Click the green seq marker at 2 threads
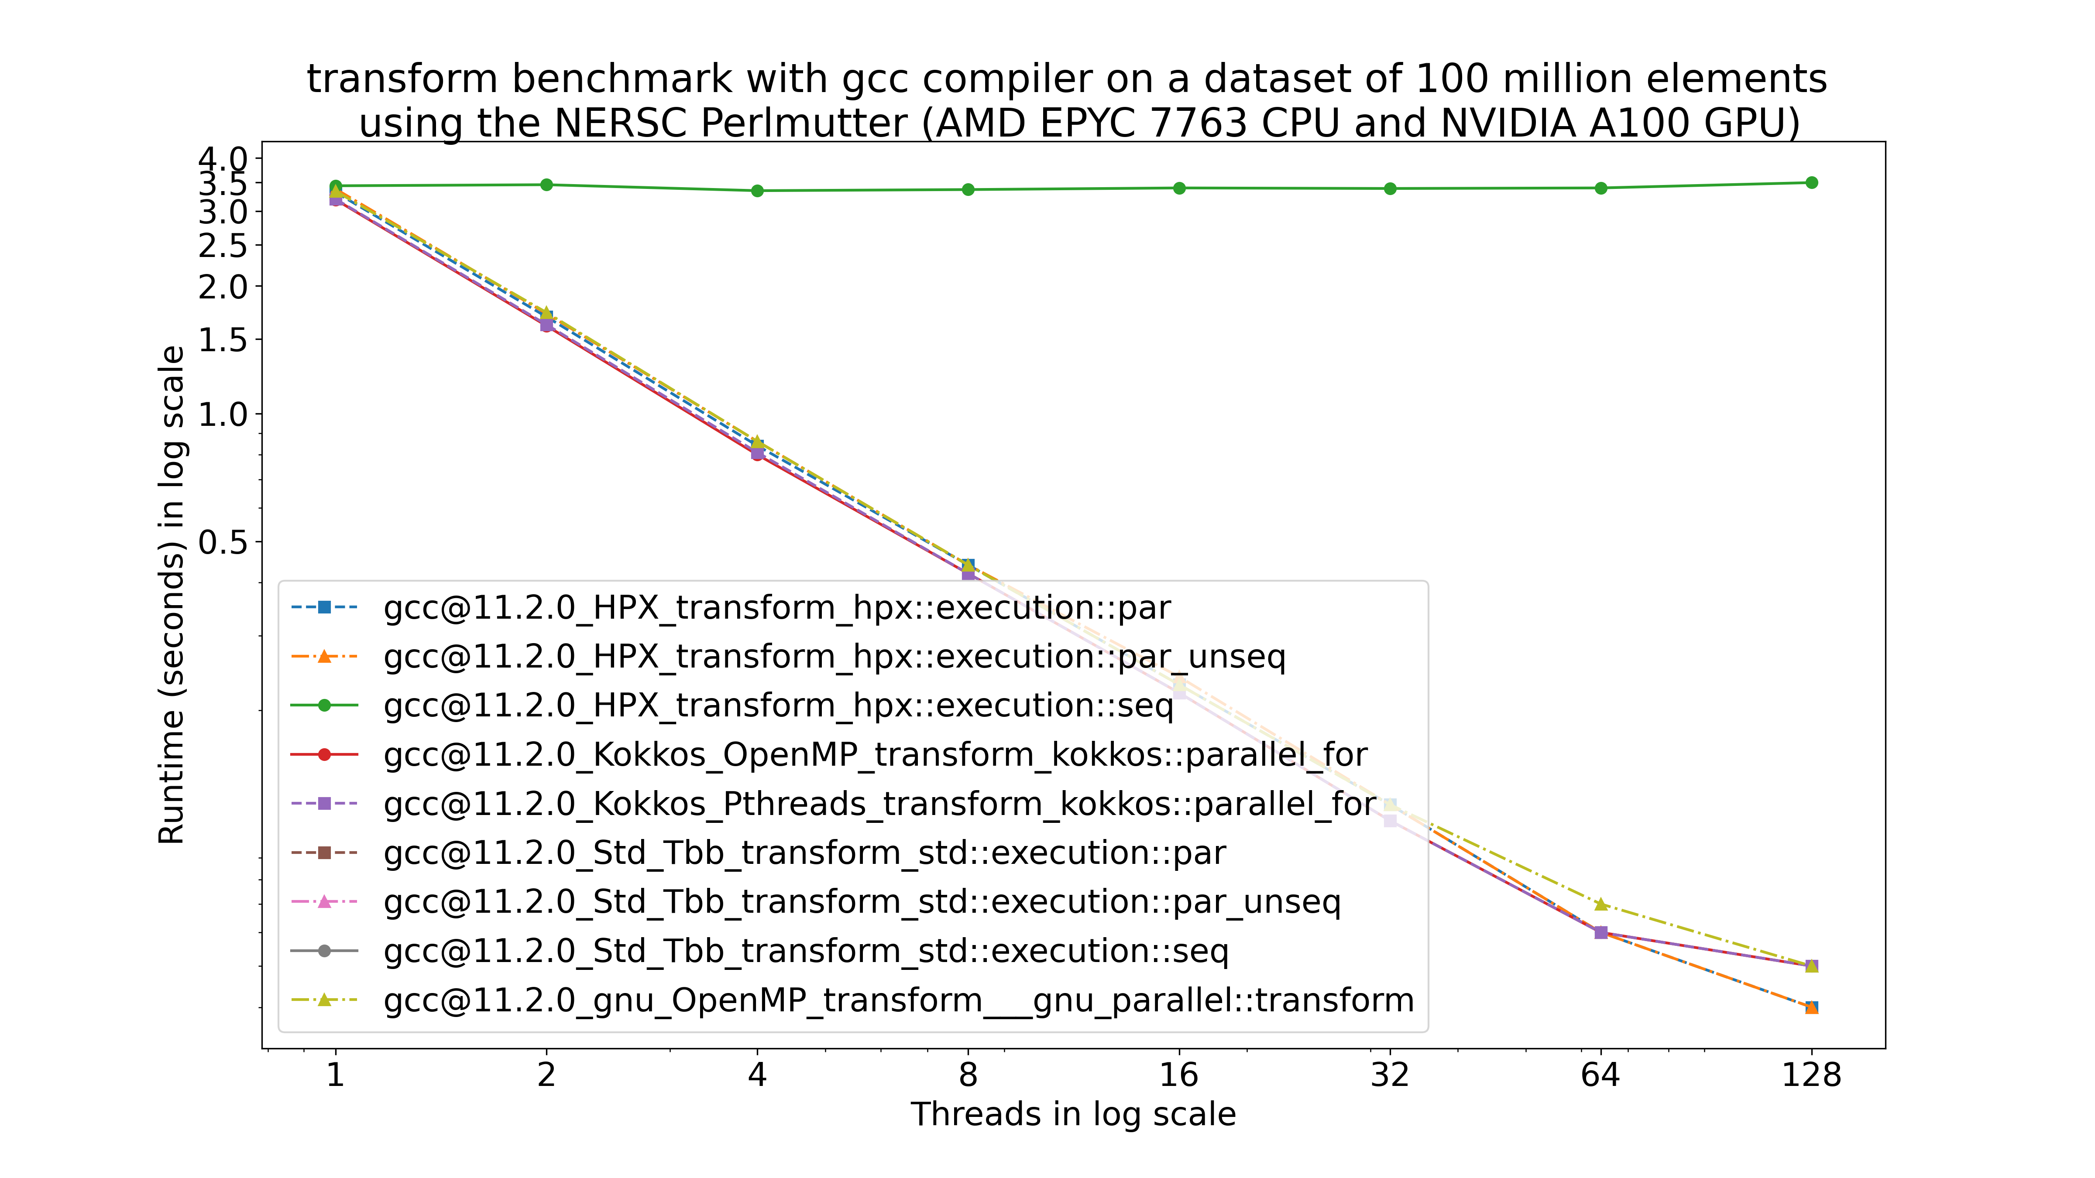pyautogui.click(x=546, y=185)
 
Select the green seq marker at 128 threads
pyautogui.click(x=1811, y=183)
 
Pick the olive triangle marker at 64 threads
pyautogui.click(x=1600, y=904)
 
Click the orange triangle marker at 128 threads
pyautogui.click(x=1811, y=1007)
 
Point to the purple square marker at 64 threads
pyautogui.click(x=1600, y=932)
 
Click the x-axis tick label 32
pyautogui.click(x=1390, y=1075)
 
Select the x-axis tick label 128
pyautogui.click(x=1811, y=1075)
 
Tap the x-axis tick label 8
pyautogui.click(x=968, y=1075)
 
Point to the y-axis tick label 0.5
pyautogui.click(x=223, y=541)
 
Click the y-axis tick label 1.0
pyautogui.click(x=223, y=414)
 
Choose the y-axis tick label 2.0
pyautogui.click(x=223, y=286)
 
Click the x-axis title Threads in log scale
pyautogui.click(x=1073, y=1114)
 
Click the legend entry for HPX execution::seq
pyautogui.click(x=778, y=705)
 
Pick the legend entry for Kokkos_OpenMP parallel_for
pyautogui.click(x=875, y=754)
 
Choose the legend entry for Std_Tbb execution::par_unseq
pyautogui.click(x=862, y=901)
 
